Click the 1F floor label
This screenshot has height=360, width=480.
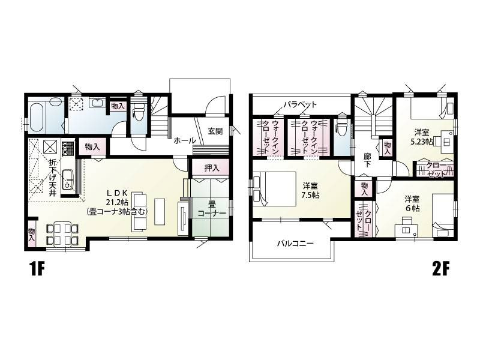(37, 269)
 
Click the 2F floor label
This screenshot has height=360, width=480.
(440, 269)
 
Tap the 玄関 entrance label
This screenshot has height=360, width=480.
(215, 131)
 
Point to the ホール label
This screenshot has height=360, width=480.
(185, 141)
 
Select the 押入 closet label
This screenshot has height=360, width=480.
(212, 168)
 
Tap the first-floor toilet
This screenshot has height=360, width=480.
(138, 112)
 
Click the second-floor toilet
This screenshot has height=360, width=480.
(341, 125)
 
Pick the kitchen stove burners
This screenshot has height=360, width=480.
(68, 148)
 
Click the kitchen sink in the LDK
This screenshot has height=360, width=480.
(68, 180)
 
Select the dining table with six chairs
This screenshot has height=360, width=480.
(62, 234)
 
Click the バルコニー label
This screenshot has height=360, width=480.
(295, 244)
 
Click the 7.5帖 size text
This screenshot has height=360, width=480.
(310, 195)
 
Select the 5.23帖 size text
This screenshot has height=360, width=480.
(422, 142)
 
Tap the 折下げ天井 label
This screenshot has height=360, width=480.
(53, 177)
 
